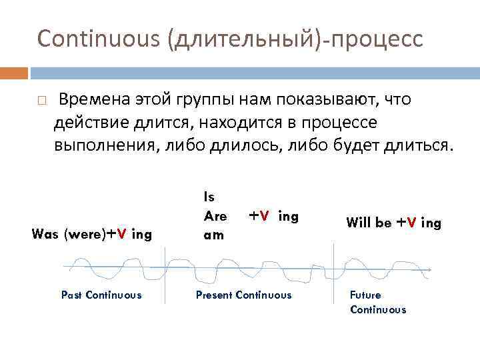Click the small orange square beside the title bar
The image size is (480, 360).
(x=14, y=72)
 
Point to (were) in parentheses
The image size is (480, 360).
(x=85, y=234)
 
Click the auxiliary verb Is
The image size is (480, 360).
(x=209, y=197)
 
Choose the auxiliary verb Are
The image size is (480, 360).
(x=215, y=216)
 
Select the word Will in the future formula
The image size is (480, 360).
(x=359, y=223)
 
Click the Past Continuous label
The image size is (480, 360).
(x=101, y=295)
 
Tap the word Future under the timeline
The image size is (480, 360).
(x=365, y=295)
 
